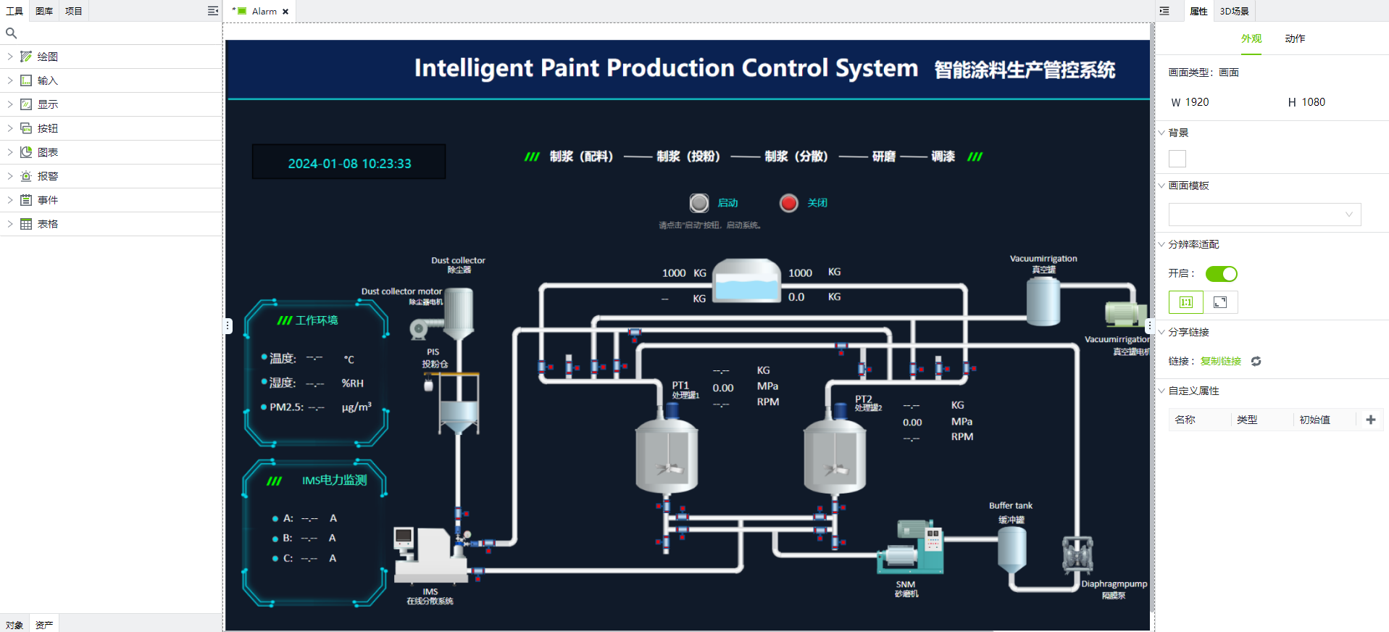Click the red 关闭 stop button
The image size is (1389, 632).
pos(788,203)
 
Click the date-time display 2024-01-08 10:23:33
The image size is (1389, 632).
pos(349,163)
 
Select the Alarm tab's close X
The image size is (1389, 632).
pos(285,12)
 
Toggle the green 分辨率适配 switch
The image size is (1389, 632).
pos(1221,274)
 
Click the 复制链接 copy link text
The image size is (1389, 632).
pos(1220,361)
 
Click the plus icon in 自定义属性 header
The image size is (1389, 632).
pos(1370,420)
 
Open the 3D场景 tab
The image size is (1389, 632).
pos(1234,11)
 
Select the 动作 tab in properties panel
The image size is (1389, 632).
pos(1295,38)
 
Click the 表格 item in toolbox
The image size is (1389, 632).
pos(48,224)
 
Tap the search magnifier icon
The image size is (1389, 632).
pos(11,33)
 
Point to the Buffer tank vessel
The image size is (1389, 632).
pos(1011,549)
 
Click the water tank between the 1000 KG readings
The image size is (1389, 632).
pos(747,280)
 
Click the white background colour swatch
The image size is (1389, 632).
pos(1177,159)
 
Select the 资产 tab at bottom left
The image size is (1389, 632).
pos(44,625)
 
